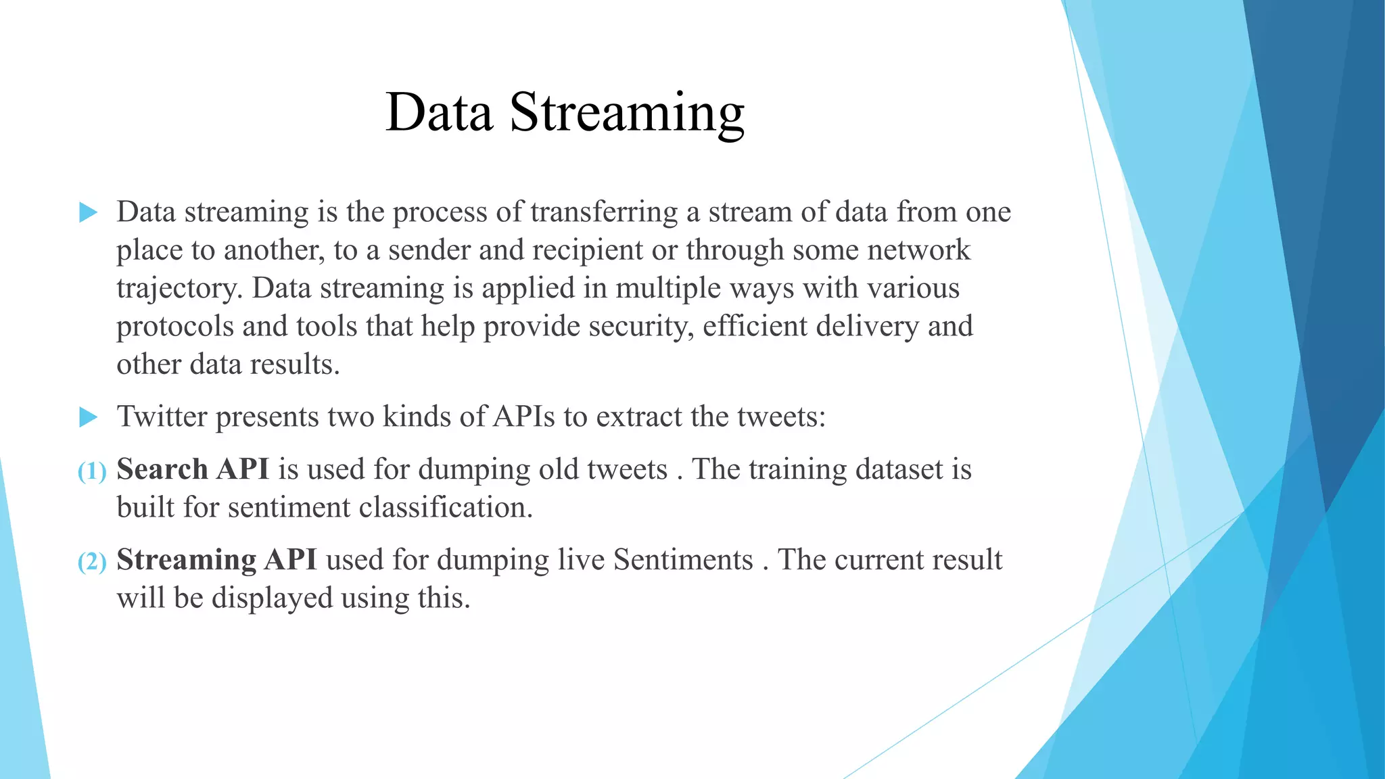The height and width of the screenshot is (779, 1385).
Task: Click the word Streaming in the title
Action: tap(626, 113)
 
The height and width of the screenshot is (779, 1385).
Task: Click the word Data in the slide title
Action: tap(439, 113)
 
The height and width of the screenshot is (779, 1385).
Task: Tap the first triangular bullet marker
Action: tap(89, 212)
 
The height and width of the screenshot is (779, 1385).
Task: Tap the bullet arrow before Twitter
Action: tap(89, 417)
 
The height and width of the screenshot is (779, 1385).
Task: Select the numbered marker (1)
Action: tap(92, 471)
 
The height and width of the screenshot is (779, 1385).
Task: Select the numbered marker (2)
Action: tap(92, 562)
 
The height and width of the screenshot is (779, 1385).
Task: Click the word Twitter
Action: tap(162, 417)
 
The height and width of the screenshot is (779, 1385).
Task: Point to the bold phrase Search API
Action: tap(193, 469)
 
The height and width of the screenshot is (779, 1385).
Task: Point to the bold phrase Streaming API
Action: tap(216, 560)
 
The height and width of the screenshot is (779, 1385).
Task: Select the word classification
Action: tap(446, 508)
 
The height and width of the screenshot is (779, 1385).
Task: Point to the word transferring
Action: tap(604, 213)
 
